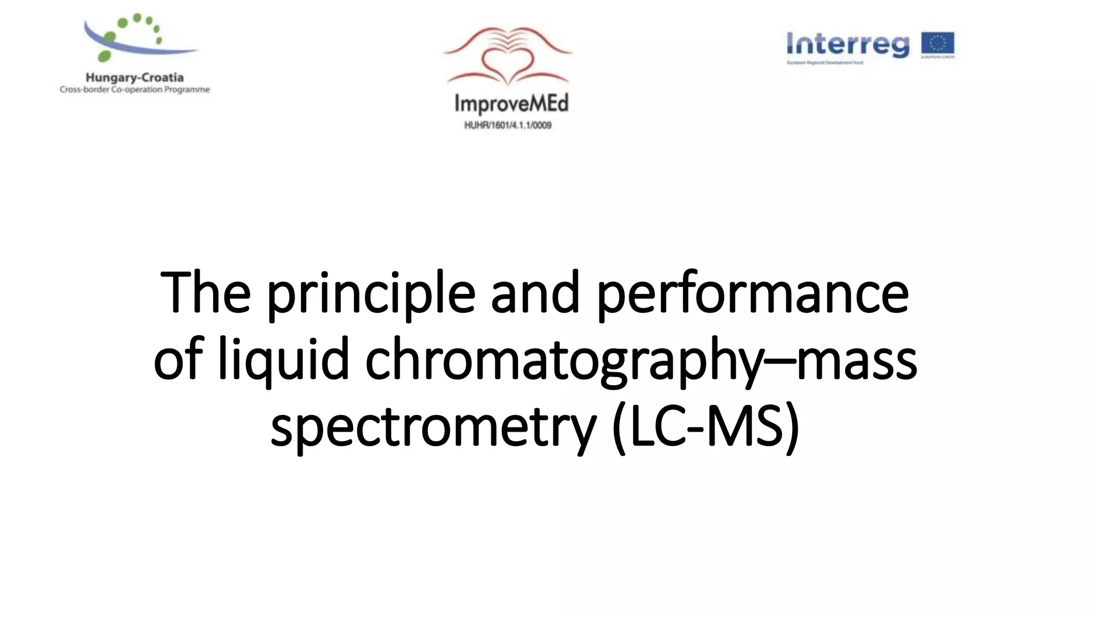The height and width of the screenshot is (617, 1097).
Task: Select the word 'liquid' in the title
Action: point(284,360)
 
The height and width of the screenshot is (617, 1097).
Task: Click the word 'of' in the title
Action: point(178,360)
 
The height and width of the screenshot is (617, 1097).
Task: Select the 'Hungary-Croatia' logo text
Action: point(134,78)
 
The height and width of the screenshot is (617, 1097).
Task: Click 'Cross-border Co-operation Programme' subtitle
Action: point(134,89)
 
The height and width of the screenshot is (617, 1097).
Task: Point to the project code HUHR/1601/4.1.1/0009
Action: point(508,125)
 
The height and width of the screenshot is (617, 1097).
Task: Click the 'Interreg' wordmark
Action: point(848,44)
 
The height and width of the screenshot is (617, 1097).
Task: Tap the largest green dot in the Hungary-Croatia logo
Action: point(105,56)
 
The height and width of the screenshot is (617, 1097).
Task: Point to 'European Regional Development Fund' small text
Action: point(824,63)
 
